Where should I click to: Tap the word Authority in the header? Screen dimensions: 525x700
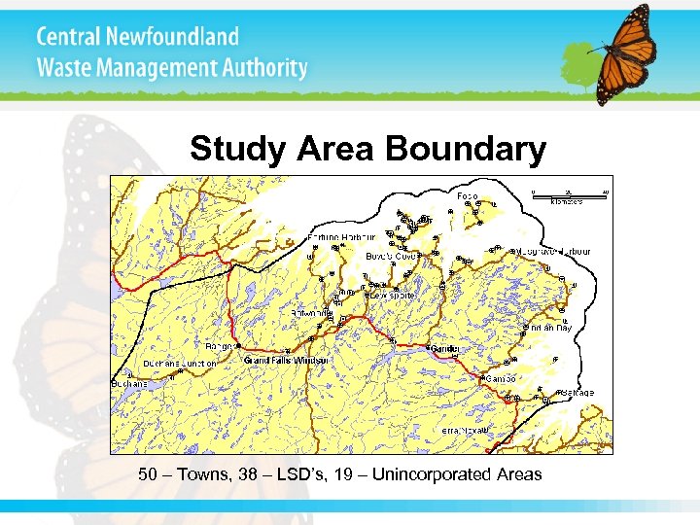[258, 69]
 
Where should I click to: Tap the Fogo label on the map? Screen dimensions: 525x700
[467, 196]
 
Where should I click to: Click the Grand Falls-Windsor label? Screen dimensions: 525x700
[287, 361]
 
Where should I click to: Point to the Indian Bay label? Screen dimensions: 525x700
[551, 329]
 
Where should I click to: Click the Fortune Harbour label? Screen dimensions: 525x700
[341, 237]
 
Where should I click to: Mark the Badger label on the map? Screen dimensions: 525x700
[219, 345]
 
